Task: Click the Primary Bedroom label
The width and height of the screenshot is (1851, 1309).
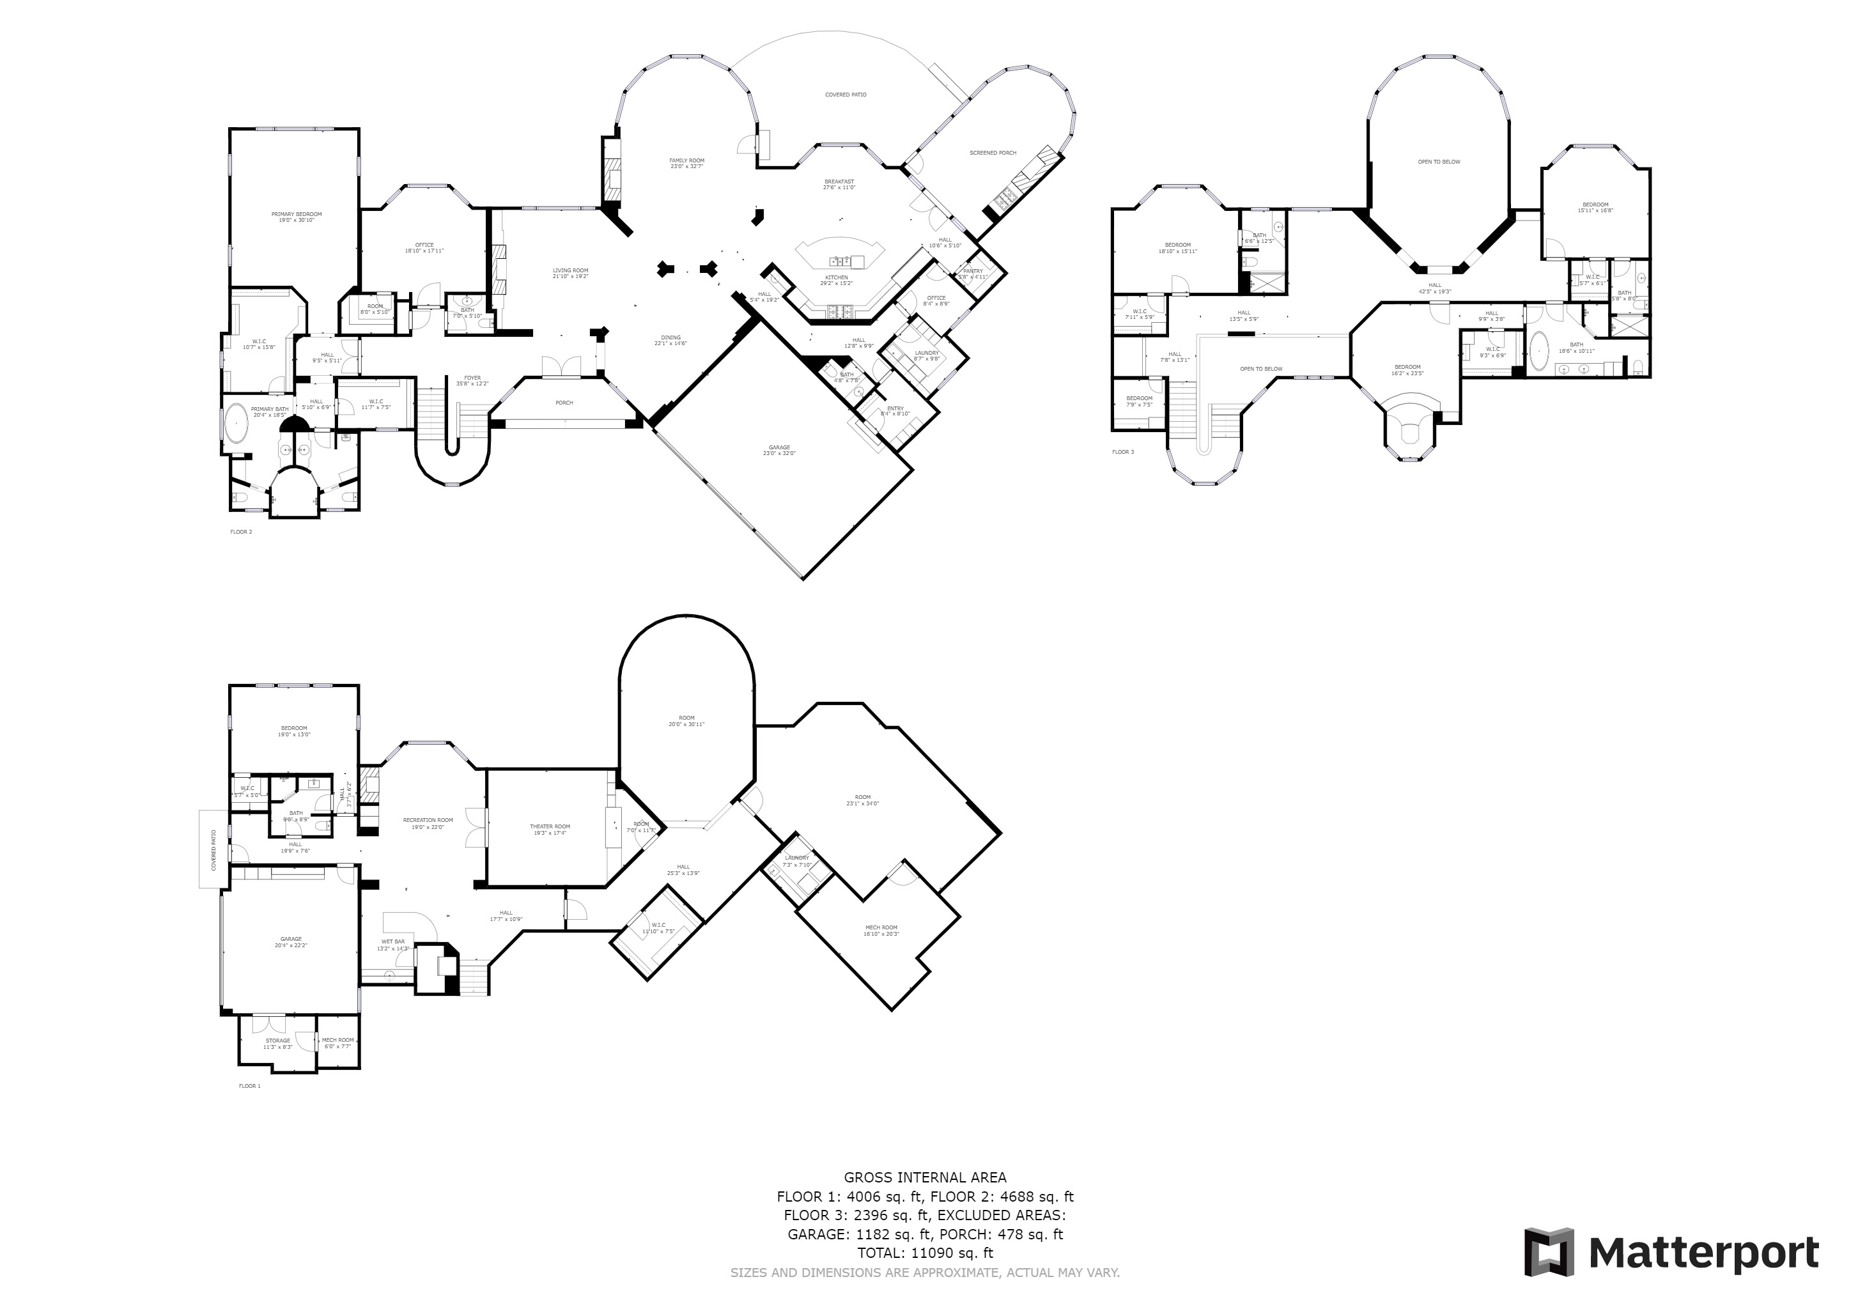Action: coord(296,214)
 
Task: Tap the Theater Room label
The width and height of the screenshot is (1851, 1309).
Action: coord(549,826)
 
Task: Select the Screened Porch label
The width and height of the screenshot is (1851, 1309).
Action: coord(993,152)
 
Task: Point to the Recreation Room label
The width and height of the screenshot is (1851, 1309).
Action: coord(428,820)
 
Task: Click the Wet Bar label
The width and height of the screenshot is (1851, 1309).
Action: coord(394,941)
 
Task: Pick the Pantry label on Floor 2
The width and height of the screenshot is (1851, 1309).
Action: coord(972,271)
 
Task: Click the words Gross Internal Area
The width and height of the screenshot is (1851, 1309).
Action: coord(925,1177)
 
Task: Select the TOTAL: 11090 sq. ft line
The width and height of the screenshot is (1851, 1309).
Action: coord(925,1253)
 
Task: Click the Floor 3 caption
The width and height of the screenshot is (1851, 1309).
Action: coord(1122,452)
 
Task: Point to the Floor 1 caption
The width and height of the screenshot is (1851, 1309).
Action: coord(249,1086)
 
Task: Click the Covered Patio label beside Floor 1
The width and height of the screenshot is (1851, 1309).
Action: coord(213,849)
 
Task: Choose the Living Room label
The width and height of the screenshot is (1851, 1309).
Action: coord(570,271)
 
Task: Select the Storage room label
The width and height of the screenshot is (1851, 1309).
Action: coord(277,1041)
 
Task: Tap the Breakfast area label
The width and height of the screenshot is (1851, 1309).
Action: coord(839,182)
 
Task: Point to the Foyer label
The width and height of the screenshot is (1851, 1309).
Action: coord(472,378)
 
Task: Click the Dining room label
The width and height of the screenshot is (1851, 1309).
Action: coord(670,337)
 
